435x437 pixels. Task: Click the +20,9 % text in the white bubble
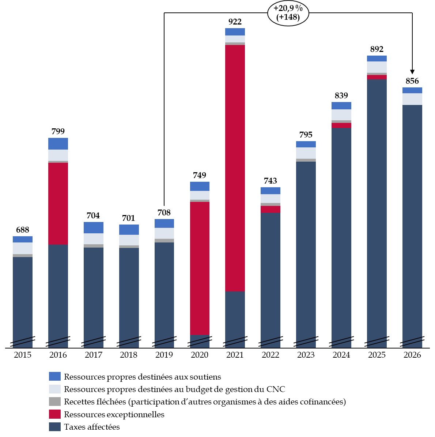click(288, 8)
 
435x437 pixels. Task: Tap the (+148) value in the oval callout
click(288, 17)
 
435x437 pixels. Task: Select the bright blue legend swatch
click(55, 376)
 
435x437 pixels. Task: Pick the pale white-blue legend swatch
click(55, 389)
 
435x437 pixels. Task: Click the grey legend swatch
click(55, 402)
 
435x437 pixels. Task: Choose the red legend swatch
click(55, 414)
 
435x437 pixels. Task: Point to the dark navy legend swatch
click(55, 427)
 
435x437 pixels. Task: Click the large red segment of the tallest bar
click(235, 168)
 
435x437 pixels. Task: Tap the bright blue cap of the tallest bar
click(235, 32)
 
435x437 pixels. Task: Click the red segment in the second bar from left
click(58, 204)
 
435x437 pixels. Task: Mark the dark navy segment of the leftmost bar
click(23, 296)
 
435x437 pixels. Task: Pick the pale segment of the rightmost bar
click(412, 99)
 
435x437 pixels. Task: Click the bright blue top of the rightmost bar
click(412, 90)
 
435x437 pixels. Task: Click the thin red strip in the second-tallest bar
click(377, 77)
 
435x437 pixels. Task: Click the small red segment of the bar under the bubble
click(271, 209)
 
